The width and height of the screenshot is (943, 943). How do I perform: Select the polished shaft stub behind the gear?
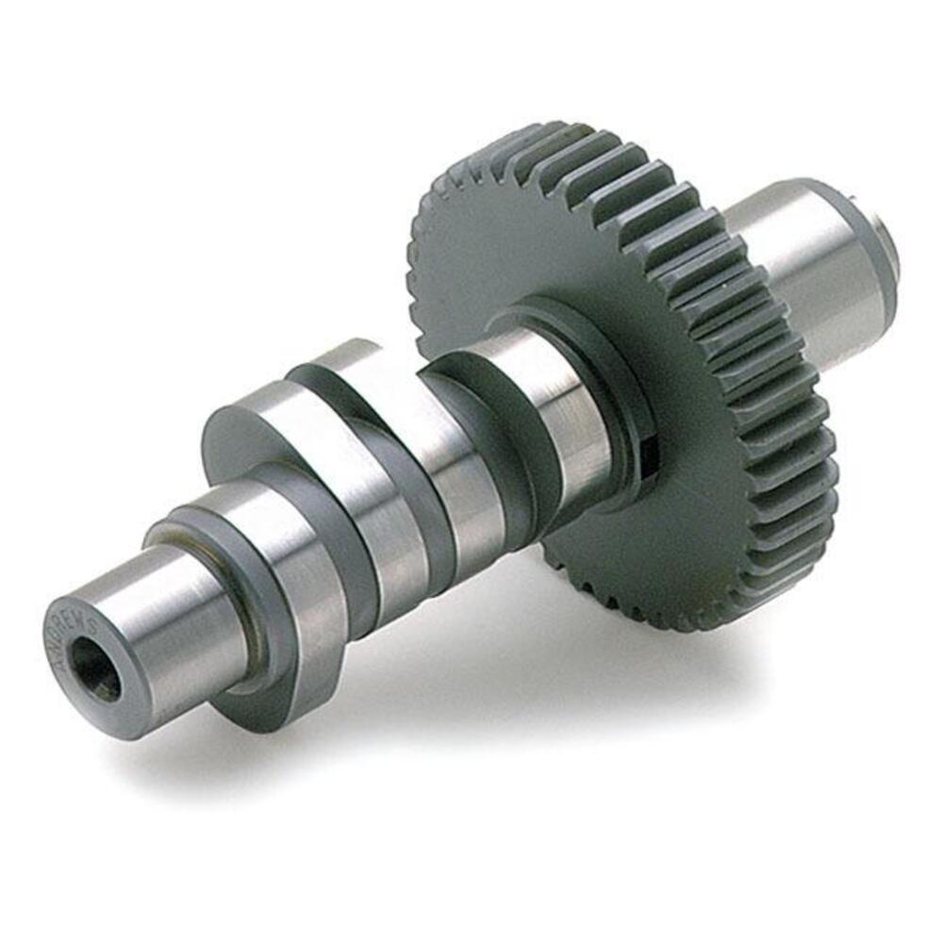click(x=811, y=264)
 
